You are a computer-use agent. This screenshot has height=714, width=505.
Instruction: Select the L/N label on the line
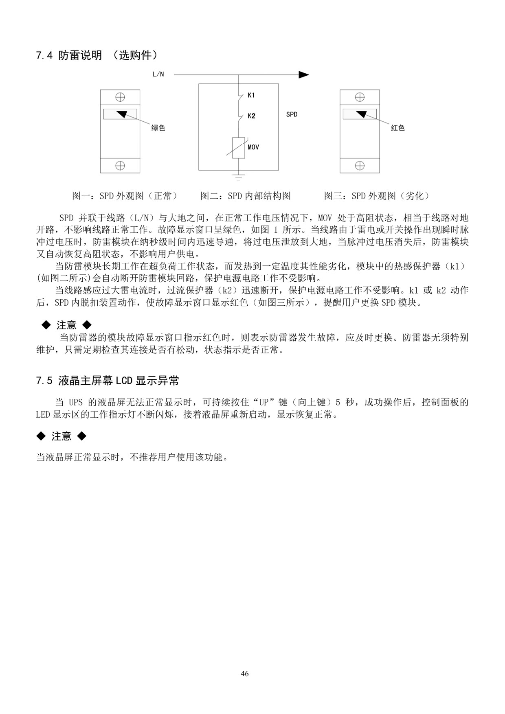pyautogui.click(x=158, y=74)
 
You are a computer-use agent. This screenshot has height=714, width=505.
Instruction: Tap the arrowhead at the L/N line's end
pyautogui.click(x=303, y=74)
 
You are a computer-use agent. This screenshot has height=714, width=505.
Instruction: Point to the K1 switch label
pyautogui.click(x=251, y=95)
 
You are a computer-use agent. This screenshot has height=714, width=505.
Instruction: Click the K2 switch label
pyautogui.click(x=251, y=116)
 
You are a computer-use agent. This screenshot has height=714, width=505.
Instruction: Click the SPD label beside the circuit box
pyautogui.click(x=292, y=114)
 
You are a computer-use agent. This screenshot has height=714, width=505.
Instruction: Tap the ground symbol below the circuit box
pyautogui.click(x=238, y=177)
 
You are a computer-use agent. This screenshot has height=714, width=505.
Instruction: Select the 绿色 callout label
pyautogui.click(x=158, y=128)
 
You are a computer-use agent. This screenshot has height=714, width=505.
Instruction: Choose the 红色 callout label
pyautogui.click(x=397, y=128)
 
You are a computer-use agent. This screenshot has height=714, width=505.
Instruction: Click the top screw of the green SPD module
pyautogui.click(x=120, y=97)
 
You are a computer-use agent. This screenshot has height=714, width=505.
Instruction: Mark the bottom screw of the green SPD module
pyautogui.click(x=120, y=166)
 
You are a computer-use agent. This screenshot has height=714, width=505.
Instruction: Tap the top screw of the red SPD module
pyautogui.click(x=360, y=97)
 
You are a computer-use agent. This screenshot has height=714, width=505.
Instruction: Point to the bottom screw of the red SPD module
pyautogui.click(x=360, y=166)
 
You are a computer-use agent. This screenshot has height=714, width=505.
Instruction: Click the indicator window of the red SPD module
pyautogui.click(x=360, y=114)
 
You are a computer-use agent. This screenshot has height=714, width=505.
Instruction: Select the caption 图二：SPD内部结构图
pyautogui.click(x=246, y=196)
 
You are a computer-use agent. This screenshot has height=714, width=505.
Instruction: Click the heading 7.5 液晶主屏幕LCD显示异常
pyautogui.click(x=108, y=381)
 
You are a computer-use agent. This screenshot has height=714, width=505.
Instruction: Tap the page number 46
pyautogui.click(x=245, y=674)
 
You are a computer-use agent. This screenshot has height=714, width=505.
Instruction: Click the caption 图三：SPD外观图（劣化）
pyautogui.click(x=377, y=196)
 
